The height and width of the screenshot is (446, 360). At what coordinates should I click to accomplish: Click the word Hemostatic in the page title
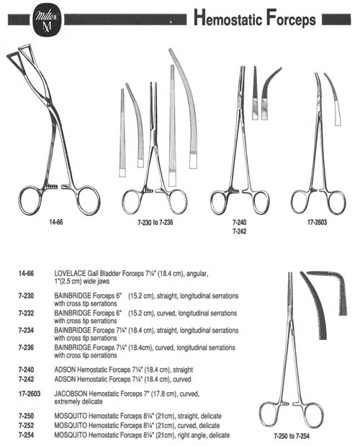[228, 18]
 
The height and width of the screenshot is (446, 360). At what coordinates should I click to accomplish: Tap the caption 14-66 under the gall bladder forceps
[56, 222]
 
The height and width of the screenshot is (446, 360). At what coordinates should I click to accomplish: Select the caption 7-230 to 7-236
[155, 222]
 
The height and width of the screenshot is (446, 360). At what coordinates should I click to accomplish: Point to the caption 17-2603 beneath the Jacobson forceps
[317, 222]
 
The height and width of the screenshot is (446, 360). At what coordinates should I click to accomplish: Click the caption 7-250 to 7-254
[292, 436]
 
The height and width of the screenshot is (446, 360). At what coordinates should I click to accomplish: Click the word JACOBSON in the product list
[71, 394]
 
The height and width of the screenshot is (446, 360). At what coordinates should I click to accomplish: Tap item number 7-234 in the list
[26, 330]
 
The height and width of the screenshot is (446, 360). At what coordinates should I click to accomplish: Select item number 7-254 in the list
[26, 435]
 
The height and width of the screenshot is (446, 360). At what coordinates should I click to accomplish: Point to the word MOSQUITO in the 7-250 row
[71, 416]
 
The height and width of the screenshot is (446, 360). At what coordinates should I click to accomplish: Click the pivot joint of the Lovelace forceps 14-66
[50, 103]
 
